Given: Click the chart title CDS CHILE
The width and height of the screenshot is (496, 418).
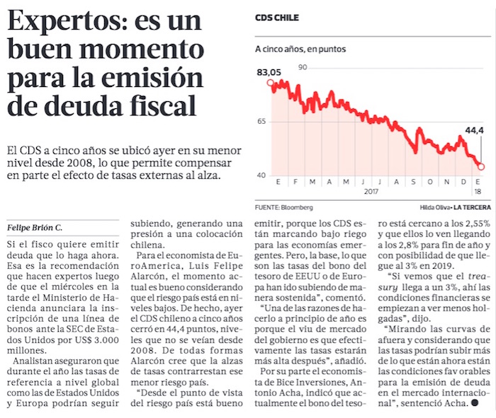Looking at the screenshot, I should click(x=276, y=17).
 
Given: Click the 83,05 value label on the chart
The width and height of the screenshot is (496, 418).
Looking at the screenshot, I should click(x=269, y=72).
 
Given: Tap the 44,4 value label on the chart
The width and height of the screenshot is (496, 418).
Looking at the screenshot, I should click(x=474, y=130).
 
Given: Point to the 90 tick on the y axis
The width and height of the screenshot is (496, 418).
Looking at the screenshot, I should click(x=303, y=68).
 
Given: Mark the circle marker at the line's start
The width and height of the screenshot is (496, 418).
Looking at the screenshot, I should click(x=270, y=83).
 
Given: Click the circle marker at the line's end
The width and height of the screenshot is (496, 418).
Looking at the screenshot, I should click(x=481, y=167).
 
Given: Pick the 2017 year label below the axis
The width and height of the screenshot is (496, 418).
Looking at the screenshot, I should click(x=372, y=192).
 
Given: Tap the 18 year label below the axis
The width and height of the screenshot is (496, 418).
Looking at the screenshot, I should click(x=478, y=192).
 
